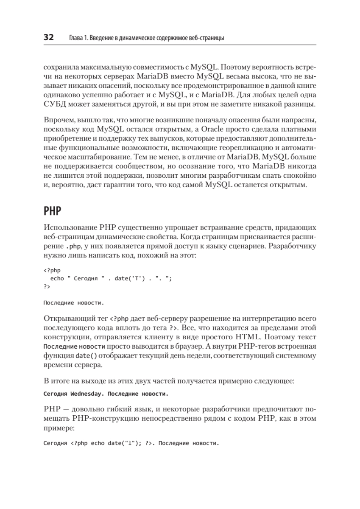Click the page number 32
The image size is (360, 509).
click(x=48, y=38)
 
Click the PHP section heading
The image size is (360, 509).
click(x=51, y=211)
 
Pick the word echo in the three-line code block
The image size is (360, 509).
click(x=57, y=279)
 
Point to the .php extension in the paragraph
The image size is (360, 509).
click(x=70, y=246)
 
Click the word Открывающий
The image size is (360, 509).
click(x=67, y=318)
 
